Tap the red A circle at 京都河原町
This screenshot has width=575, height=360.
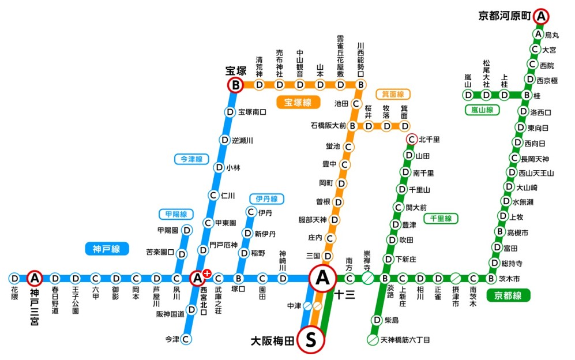(540, 16)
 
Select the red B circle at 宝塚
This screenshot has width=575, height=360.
(235, 85)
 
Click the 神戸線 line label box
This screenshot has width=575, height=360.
(106, 249)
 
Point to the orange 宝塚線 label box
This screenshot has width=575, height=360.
(298, 103)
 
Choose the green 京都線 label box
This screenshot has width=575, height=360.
(508, 295)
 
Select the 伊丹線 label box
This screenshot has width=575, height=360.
(266, 198)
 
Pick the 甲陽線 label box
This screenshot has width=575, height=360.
(176, 214)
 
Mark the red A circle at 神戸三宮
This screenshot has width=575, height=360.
(35, 279)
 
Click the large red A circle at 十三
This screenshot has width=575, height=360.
(322, 278)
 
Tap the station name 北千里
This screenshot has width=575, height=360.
(429, 139)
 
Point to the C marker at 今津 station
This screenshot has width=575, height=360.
(186, 339)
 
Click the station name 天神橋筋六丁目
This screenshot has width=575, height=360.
(405, 340)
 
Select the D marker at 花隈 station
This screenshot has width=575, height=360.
(14, 279)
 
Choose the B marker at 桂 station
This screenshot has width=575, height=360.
(526, 95)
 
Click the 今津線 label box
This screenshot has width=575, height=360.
(190, 158)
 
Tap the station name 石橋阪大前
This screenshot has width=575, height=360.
(328, 125)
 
